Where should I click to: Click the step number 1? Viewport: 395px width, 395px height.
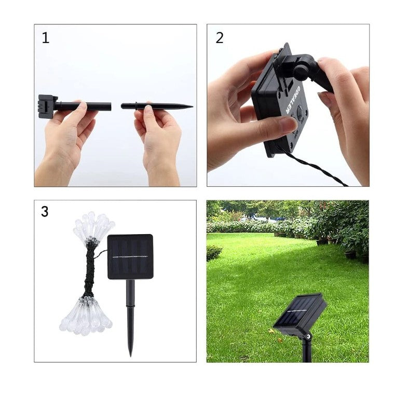pyautogui.click(x=46, y=38)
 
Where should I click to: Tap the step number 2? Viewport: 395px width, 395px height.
pyautogui.click(x=219, y=38)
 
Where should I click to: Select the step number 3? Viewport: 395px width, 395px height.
pyautogui.click(x=45, y=212)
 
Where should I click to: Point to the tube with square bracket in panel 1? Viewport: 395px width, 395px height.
pyautogui.click(x=83, y=106)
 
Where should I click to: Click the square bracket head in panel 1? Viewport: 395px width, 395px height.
pyautogui.click(x=46, y=106)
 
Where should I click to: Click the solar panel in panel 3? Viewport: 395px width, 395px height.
pyautogui.click(x=130, y=256)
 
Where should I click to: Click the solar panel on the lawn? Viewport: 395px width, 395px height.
pyautogui.click(x=299, y=311)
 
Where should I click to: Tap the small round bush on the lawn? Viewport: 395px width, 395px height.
pyautogui.click(x=214, y=253)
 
